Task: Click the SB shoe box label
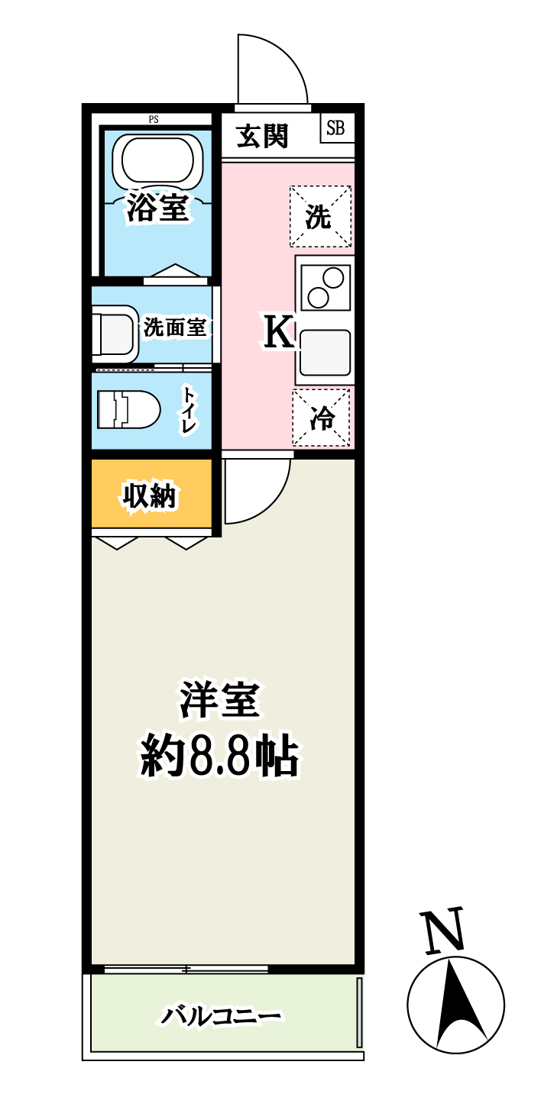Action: click(x=335, y=128)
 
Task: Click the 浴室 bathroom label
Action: click(x=157, y=208)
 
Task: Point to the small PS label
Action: click(x=154, y=119)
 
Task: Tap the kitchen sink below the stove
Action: click(x=326, y=353)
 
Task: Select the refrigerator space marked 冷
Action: click(x=322, y=417)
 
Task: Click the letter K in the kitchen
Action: click(x=278, y=333)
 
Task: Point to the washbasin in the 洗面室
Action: click(x=113, y=334)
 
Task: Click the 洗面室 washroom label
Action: click(x=176, y=328)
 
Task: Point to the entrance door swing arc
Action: click(x=271, y=69)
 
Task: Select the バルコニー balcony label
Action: click(x=222, y=1016)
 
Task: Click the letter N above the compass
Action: click(x=444, y=931)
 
